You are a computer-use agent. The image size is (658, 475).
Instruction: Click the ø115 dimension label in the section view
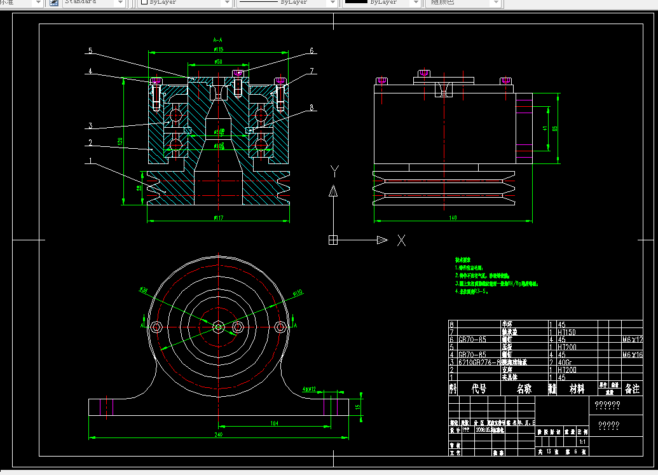(218, 49)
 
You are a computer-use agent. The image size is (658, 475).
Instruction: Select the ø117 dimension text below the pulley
(218, 217)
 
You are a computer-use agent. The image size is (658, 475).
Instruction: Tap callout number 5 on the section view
(90, 50)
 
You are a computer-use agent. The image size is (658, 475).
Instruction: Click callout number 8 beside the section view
(312, 108)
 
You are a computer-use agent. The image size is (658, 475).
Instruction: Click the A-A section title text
(217, 39)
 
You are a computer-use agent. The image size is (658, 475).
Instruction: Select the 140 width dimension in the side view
(453, 217)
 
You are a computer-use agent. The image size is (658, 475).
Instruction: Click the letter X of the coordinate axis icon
(401, 240)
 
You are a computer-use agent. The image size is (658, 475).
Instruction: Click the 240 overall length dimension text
(218, 434)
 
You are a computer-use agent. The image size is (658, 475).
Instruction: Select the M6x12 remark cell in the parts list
(632, 340)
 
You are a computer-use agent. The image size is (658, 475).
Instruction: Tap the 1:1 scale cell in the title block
(582, 441)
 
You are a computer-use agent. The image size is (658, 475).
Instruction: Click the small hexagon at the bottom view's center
(218, 327)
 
